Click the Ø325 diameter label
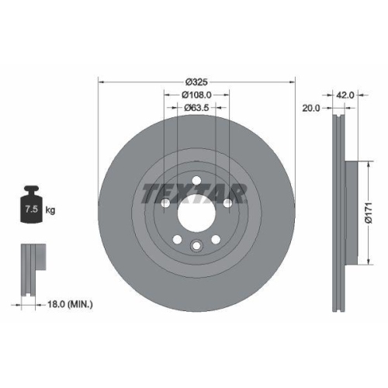click(197, 81)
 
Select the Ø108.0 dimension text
click(197, 95)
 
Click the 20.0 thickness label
click(311, 109)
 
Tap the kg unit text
click(50, 210)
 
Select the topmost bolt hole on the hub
click(196, 181)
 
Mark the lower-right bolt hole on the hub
click(215, 237)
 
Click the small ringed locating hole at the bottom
click(196, 248)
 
